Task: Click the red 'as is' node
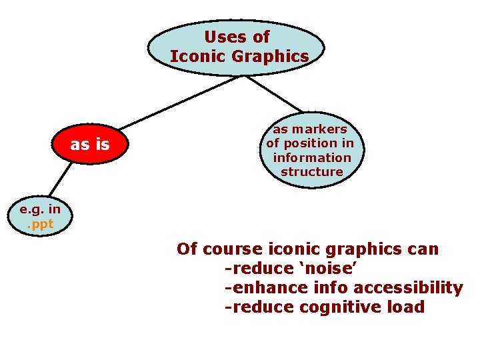tap(89, 144)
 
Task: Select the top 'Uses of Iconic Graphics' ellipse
tap(237, 46)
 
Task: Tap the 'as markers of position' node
tap(311, 149)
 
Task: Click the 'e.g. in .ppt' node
tap(39, 217)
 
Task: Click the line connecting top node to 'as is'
tap(180, 100)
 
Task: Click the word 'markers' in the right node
tap(323, 129)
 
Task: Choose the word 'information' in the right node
tap(311, 157)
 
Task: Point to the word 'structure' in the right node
tap(311, 171)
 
